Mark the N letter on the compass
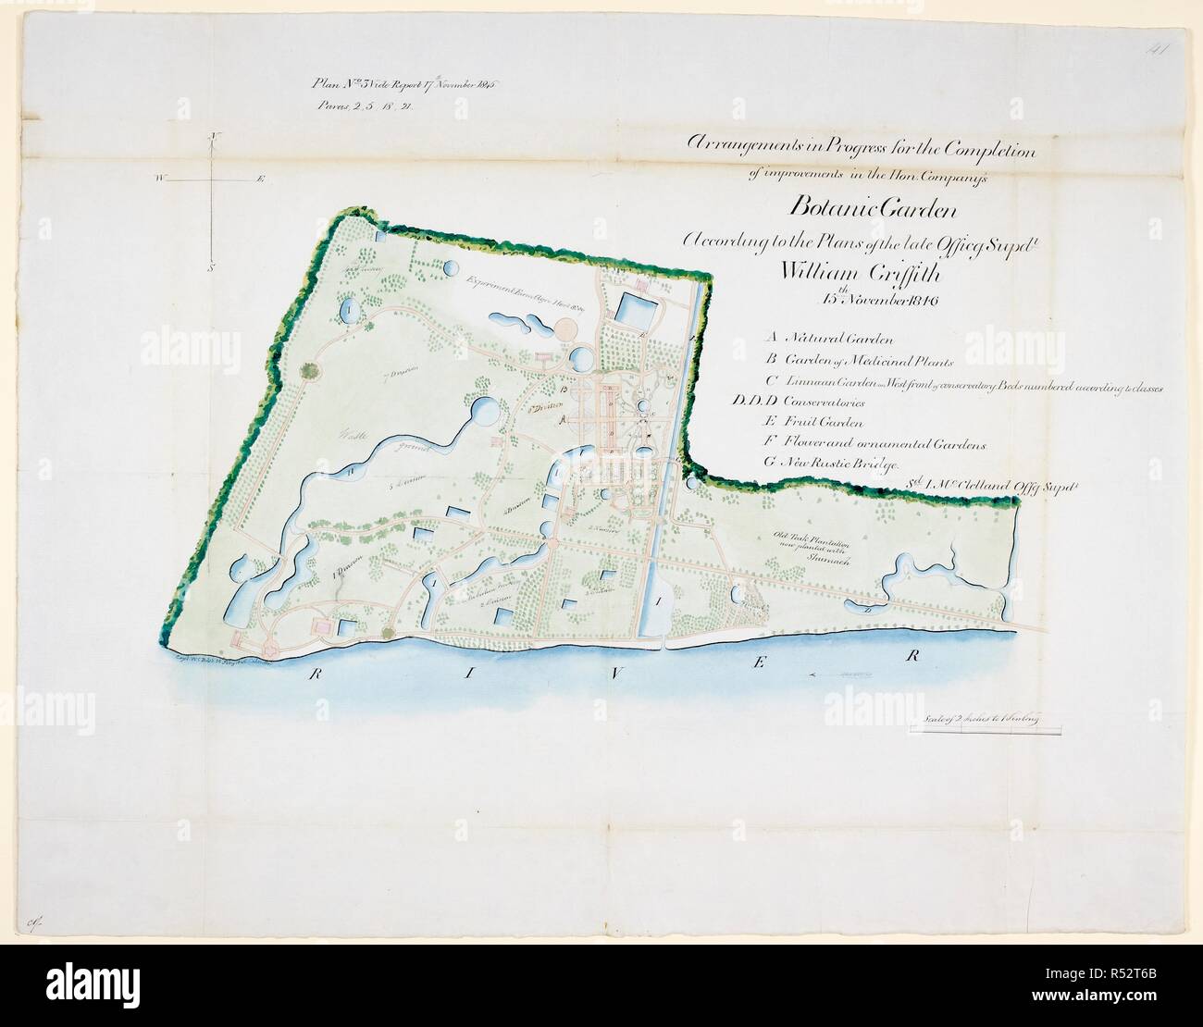213,137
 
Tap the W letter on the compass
161,179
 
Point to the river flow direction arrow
837,679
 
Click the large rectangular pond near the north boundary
637,307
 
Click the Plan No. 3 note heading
404,83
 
